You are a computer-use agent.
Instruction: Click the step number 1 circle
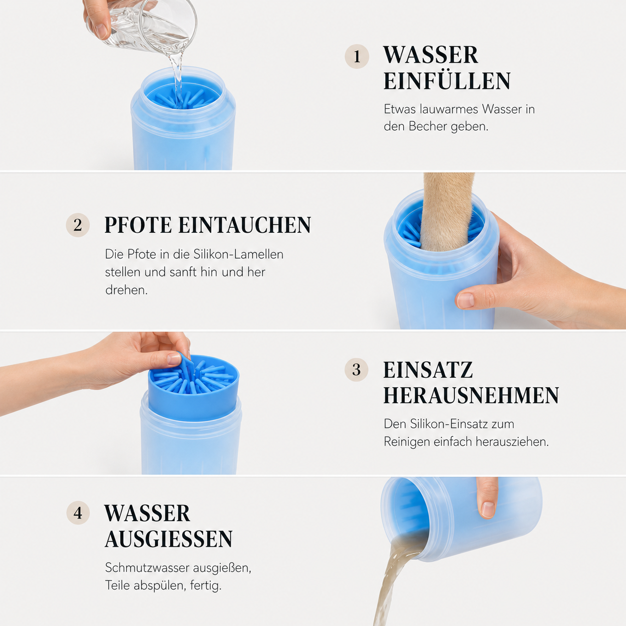(x=357, y=56)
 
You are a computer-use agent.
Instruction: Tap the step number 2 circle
(x=78, y=225)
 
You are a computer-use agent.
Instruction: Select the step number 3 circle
(x=356, y=370)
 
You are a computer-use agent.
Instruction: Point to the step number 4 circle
(x=78, y=513)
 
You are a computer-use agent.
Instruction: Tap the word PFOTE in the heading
(x=138, y=225)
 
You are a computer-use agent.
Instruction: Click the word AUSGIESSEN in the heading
(x=168, y=539)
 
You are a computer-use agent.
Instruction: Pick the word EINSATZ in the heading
(x=428, y=370)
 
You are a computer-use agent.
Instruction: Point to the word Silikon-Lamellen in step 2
(x=239, y=254)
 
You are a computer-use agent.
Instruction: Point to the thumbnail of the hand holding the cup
(x=466, y=300)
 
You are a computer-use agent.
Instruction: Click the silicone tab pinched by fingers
(x=185, y=364)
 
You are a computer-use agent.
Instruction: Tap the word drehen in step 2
(x=126, y=290)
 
